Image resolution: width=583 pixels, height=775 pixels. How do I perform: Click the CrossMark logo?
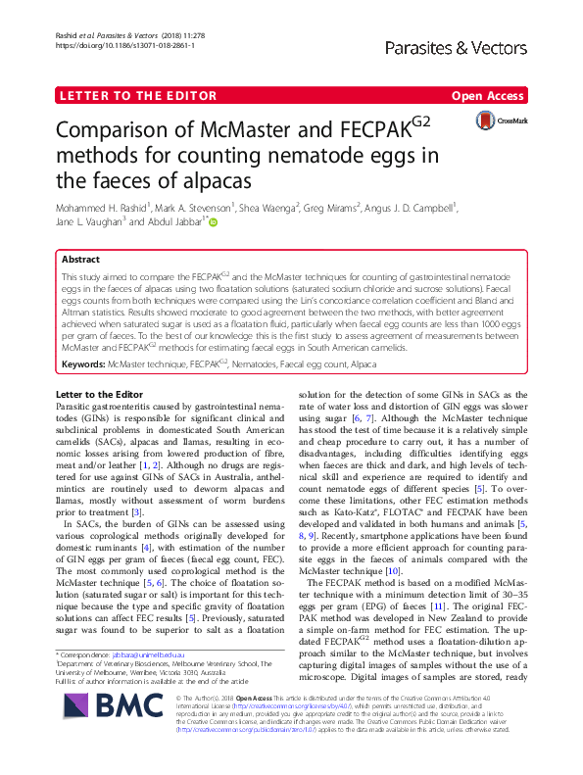click(497, 121)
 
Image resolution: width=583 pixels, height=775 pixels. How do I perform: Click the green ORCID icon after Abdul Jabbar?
click(212, 222)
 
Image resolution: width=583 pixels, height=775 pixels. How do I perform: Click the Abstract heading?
click(80, 260)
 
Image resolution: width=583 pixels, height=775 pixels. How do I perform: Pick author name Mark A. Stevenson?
click(190, 208)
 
